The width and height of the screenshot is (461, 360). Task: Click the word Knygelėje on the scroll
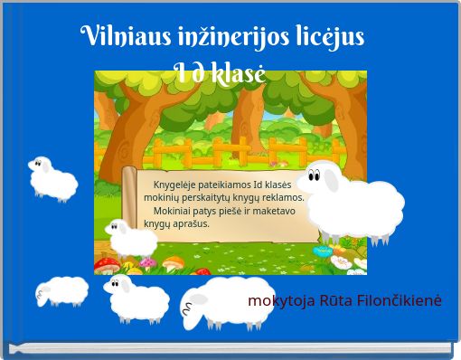[177, 185]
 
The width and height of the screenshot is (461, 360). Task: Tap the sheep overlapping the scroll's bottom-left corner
[131, 238]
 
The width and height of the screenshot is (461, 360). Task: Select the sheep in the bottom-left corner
[62, 291]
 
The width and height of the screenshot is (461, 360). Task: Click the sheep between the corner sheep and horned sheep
[137, 298]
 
